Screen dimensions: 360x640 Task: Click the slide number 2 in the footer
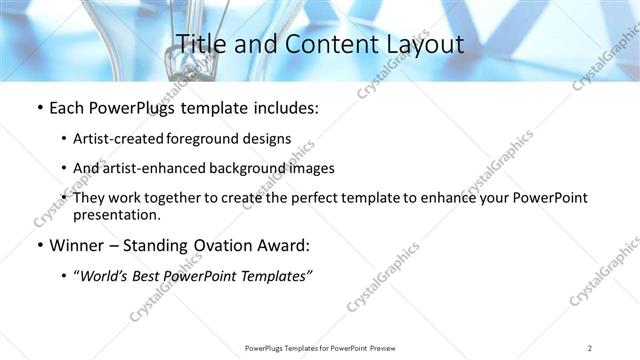coord(591,348)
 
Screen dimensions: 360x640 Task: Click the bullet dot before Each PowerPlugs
coord(39,108)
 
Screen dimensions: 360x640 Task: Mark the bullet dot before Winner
coord(39,245)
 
